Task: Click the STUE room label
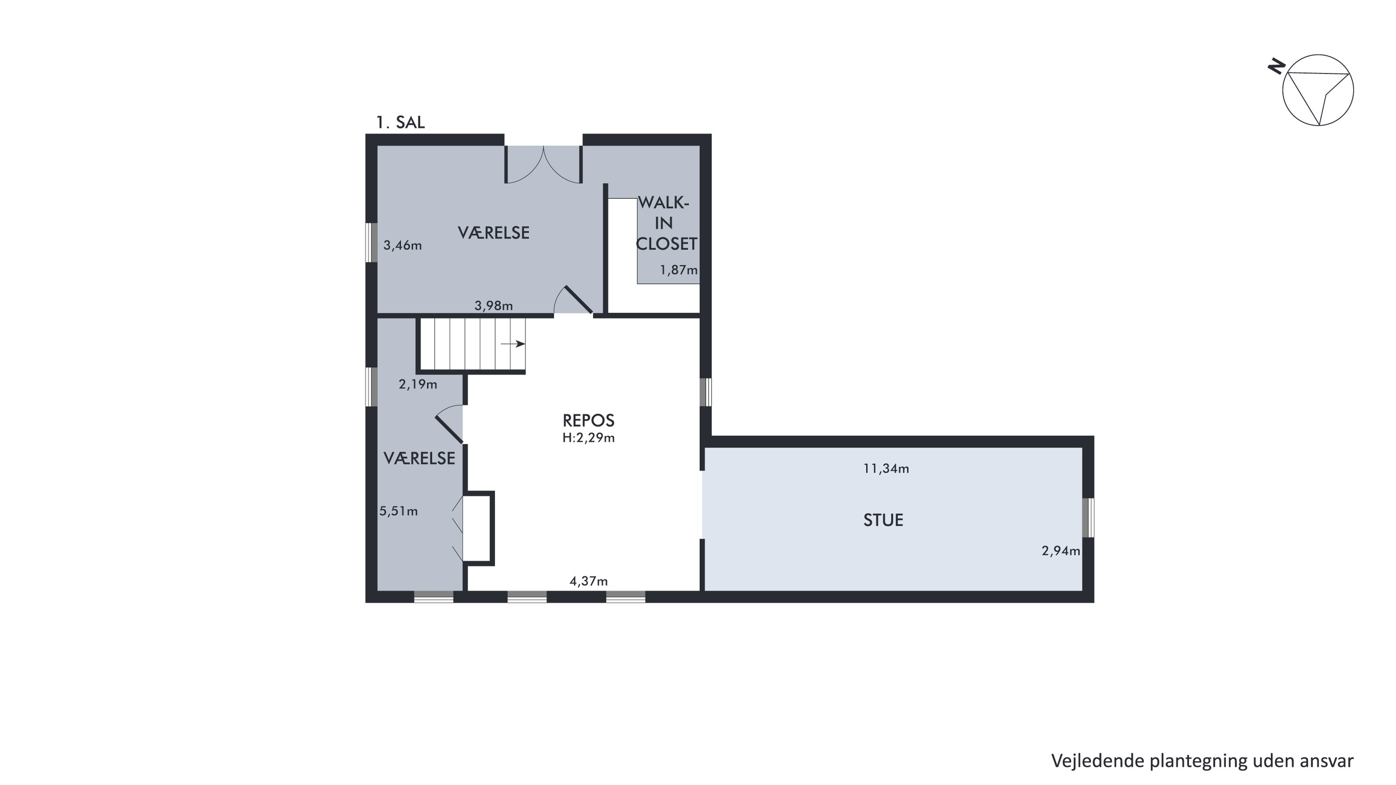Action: tap(883, 520)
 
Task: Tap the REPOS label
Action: tap(588, 420)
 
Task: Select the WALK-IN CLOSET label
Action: tap(666, 223)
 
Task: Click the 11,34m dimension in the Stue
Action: tap(886, 469)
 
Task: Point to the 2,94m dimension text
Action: tap(1060, 551)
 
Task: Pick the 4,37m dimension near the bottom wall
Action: tap(588, 581)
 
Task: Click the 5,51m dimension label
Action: tap(398, 511)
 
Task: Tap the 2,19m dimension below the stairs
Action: tap(418, 384)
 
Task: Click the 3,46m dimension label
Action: tap(403, 245)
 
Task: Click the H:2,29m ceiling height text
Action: tap(588, 438)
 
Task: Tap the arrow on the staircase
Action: tap(513, 343)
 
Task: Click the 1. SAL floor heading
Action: tap(400, 122)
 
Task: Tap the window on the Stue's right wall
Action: tap(1088, 517)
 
